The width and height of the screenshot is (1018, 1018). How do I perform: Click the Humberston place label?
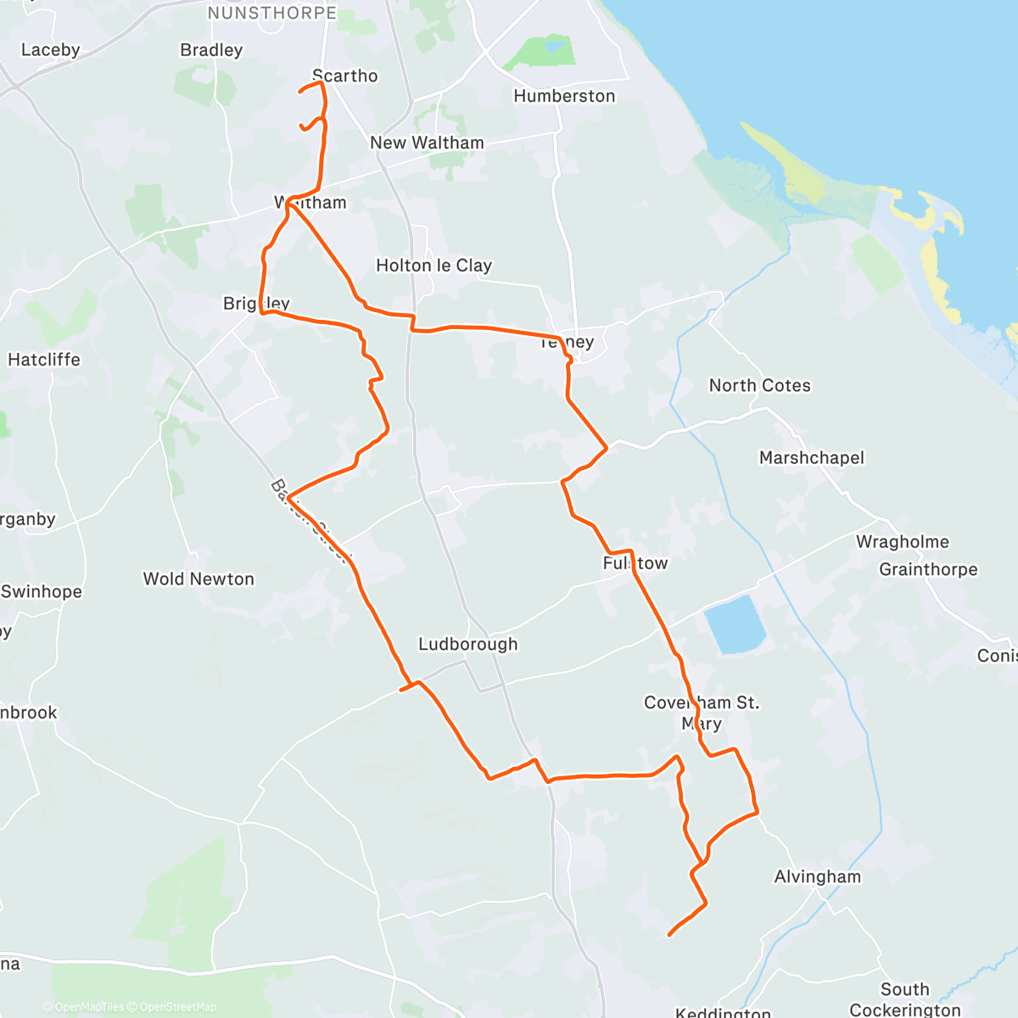click(564, 96)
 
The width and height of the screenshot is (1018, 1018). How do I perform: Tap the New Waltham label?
click(427, 143)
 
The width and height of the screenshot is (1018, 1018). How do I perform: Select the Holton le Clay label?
click(433, 266)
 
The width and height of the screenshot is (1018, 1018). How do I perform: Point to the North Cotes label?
click(759, 385)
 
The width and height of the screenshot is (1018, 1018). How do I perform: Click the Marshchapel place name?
click(811, 457)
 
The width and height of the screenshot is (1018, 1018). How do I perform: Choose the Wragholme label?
click(902, 541)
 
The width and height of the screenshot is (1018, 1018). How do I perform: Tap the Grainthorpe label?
click(927, 569)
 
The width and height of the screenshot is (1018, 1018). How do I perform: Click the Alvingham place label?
click(817, 876)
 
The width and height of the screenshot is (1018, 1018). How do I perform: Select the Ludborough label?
click(467, 644)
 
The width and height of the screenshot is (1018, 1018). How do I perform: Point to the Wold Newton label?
click(199, 579)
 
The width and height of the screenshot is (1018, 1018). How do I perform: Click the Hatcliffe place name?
click(44, 360)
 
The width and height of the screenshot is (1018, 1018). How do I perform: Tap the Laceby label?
click(50, 50)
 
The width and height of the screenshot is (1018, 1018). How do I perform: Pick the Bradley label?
click(211, 50)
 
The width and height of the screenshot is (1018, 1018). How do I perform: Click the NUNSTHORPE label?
click(271, 13)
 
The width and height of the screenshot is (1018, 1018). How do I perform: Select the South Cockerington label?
click(904, 999)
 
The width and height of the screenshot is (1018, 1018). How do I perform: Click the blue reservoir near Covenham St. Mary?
click(735, 625)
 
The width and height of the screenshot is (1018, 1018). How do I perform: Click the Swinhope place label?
click(42, 591)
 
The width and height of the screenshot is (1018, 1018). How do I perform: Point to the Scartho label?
click(345, 76)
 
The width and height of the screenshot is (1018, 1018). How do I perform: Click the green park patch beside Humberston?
click(543, 53)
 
